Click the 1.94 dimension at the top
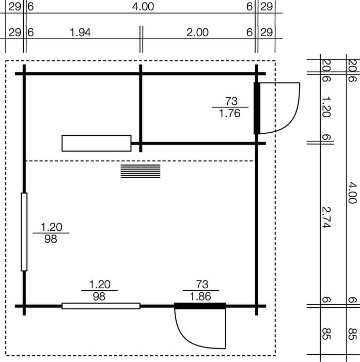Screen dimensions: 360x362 click(81, 33)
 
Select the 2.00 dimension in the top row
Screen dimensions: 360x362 click(197, 33)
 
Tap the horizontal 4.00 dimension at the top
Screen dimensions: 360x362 click(143, 7)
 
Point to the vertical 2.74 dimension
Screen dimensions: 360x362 click(326, 217)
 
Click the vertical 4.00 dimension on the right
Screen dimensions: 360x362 click(352, 193)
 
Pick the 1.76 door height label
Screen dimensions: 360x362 click(229, 114)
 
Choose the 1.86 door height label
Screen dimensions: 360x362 click(200, 296)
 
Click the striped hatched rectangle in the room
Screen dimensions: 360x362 click(140, 171)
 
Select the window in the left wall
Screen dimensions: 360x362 click(24, 232)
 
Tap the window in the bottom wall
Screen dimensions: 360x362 click(101, 306)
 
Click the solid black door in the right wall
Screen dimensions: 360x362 click(257, 108)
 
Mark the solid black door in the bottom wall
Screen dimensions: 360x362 click(200, 306)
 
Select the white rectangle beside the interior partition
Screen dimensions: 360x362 click(97, 143)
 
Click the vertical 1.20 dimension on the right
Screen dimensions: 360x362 click(326, 107)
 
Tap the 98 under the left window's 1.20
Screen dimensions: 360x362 click(51, 239)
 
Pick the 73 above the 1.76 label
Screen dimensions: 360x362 click(231, 101)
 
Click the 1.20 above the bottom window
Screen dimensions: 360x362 click(100, 285)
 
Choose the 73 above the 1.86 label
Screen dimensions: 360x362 click(202, 285)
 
